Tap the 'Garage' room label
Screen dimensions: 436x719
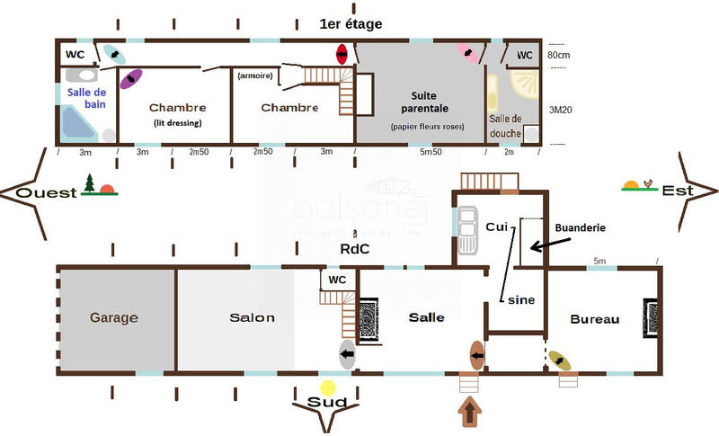click(x=113, y=317)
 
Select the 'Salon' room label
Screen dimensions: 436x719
click(x=252, y=317)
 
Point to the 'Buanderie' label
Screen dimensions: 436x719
click(x=581, y=228)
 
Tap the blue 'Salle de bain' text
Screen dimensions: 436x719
click(x=88, y=98)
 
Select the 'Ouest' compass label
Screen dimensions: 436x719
click(x=47, y=192)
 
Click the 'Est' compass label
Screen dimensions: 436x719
click(x=674, y=191)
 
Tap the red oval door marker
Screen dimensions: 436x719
click(x=342, y=54)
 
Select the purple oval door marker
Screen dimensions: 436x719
click(x=131, y=78)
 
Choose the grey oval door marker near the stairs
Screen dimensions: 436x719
click(x=347, y=354)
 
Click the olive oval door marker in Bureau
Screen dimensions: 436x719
click(x=560, y=361)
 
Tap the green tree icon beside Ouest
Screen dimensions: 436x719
click(x=89, y=185)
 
